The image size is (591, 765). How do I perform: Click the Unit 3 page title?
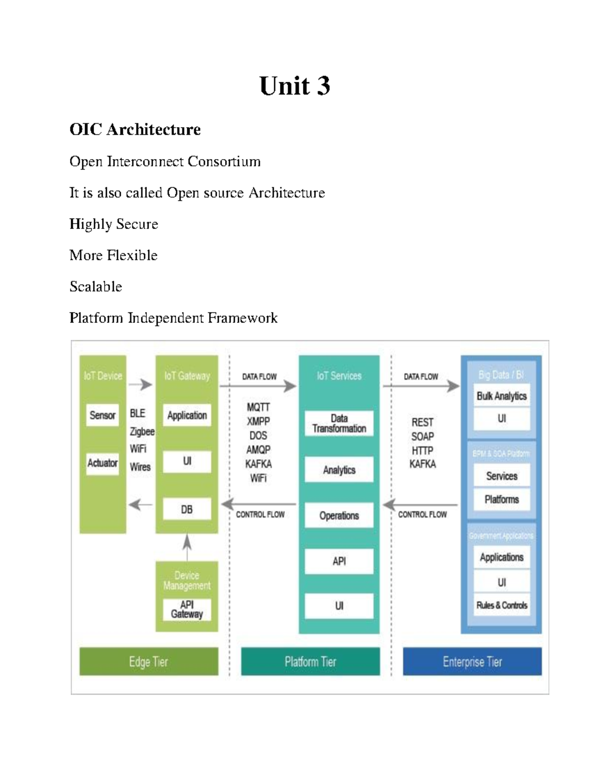point(295,86)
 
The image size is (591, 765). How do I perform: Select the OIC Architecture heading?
point(135,130)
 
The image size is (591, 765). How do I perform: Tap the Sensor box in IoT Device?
point(102,415)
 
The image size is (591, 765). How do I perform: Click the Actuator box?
point(102,463)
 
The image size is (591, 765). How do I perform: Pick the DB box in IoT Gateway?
point(187,509)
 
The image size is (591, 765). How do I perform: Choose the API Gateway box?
point(187,609)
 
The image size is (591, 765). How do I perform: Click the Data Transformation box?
point(339,424)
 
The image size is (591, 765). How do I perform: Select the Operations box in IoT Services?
point(339,516)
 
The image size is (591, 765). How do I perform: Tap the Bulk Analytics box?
point(501,396)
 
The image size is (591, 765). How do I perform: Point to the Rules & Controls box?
point(501,605)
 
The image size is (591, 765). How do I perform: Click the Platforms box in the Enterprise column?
point(501,499)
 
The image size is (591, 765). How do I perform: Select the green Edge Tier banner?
point(149,662)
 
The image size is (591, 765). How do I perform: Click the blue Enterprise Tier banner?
point(472,662)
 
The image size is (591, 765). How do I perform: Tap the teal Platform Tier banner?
point(310,662)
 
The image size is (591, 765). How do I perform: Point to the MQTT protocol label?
point(258,407)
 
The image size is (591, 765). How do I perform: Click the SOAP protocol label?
point(423,436)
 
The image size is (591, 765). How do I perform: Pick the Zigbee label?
point(142,432)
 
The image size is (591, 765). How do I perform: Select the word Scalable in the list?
point(96,287)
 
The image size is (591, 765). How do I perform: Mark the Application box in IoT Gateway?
point(187,415)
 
